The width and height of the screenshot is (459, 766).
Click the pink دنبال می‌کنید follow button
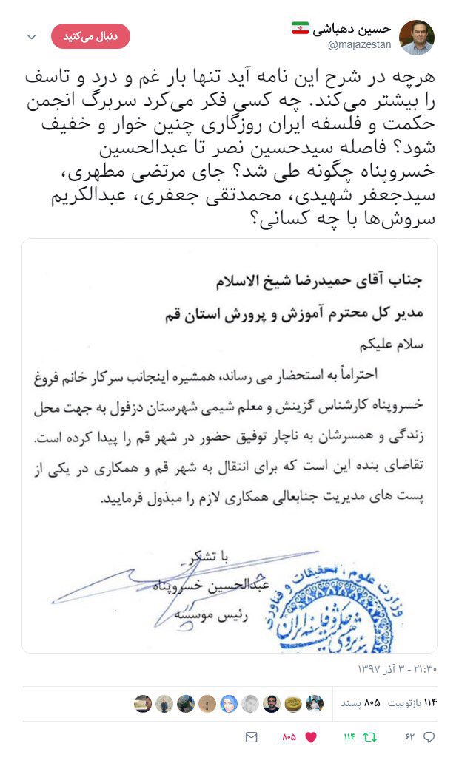point(90,35)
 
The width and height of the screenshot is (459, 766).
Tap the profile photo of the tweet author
point(417,37)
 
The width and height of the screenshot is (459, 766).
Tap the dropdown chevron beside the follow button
point(32,36)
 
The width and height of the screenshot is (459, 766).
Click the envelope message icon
point(251,737)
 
